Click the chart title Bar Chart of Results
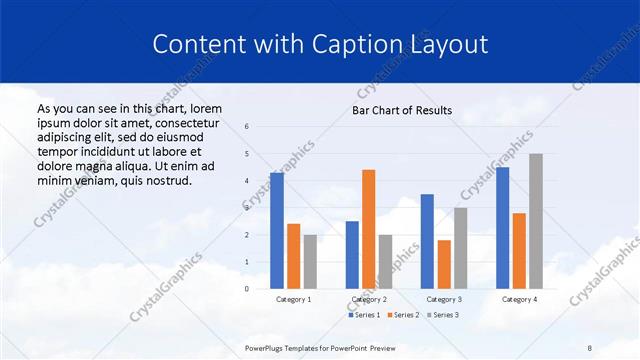[x=401, y=110]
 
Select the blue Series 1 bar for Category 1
[x=277, y=231]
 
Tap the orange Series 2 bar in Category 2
[x=368, y=229]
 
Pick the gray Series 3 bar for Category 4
[x=536, y=221]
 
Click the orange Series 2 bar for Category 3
[x=444, y=264]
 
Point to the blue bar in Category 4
[x=503, y=228]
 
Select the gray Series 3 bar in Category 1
[x=310, y=262]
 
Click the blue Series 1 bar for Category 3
[x=427, y=241]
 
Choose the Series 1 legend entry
[x=365, y=315]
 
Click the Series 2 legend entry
[x=402, y=315]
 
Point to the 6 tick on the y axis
[x=247, y=127]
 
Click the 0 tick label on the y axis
[x=247, y=289]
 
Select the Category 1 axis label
[x=294, y=299]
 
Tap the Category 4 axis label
[x=519, y=299]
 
